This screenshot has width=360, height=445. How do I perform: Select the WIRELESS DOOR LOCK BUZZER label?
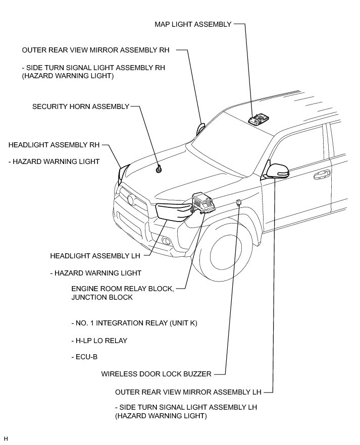point(156,374)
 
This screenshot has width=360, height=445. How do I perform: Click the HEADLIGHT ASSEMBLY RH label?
point(54,145)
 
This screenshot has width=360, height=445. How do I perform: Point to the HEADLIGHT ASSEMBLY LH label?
point(95,256)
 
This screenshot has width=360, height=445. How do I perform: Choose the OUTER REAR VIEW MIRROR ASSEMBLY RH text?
point(96,50)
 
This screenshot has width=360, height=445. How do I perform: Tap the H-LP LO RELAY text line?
point(99,341)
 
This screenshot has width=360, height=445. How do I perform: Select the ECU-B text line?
point(84,357)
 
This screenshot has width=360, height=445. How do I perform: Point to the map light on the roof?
point(259,119)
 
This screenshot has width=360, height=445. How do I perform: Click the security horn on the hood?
point(159,169)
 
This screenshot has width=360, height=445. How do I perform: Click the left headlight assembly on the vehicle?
point(172,210)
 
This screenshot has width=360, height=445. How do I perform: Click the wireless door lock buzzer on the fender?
point(238,203)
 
